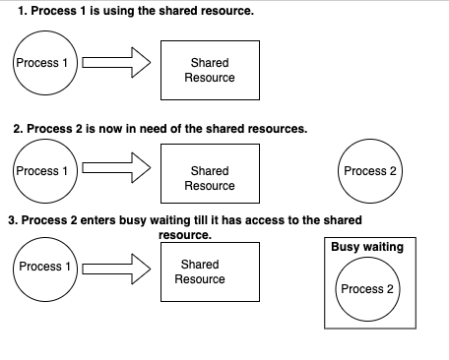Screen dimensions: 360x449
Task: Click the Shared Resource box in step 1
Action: tap(209, 70)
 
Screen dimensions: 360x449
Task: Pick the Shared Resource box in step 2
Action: tap(209, 178)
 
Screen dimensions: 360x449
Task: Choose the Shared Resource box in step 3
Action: tap(200, 271)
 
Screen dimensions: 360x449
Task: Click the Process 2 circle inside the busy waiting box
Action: tap(366, 289)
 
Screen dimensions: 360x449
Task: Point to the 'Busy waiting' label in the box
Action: tap(366, 247)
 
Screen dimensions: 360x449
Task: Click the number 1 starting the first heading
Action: tap(22, 11)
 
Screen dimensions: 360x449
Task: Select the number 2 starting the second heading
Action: tap(17, 129)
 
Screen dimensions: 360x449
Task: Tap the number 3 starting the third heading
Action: tap(11, 220)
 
